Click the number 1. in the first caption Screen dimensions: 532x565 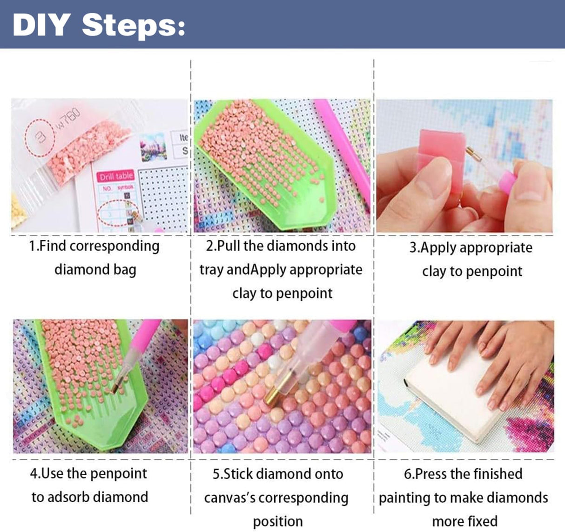pyautogui.click(x=34, y=246)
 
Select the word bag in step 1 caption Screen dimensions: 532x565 pyautogui.click(x=124, y=270)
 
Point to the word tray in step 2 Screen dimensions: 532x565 pyautogui.click(x=212, y=270)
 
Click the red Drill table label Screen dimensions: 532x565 pyautogui.click(x=116, y=176)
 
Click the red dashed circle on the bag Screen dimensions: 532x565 pyautogui.click(x=41, y=138)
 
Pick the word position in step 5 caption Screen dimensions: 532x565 pyautogui.click(x=278, y=522)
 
